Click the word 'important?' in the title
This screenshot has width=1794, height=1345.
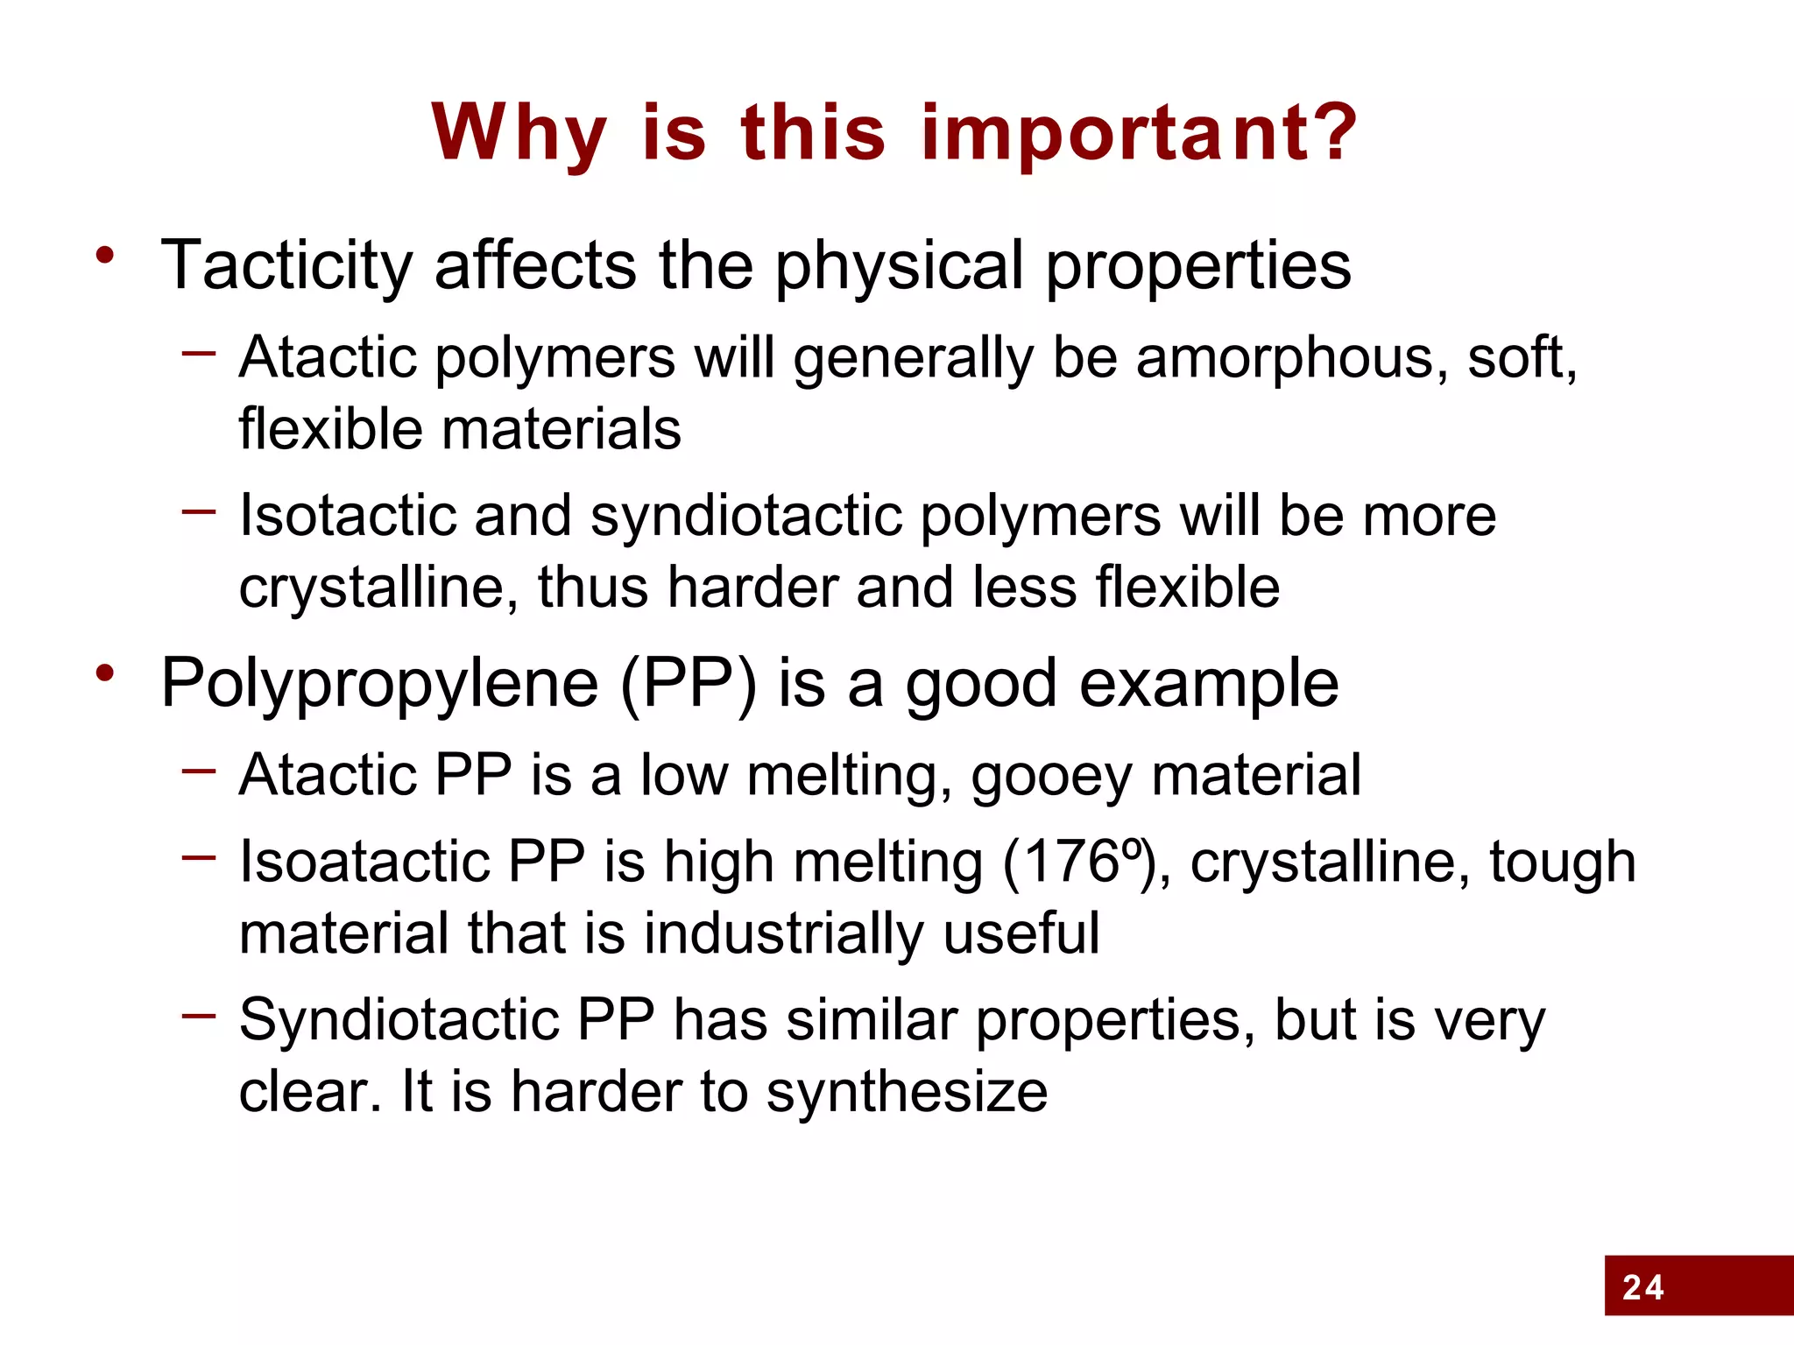(1140, 133)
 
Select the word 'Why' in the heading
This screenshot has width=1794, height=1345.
(519, 133)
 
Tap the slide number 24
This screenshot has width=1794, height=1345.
(1642, 1287)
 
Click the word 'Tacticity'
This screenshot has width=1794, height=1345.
(286, 265)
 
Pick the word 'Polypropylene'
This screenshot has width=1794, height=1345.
(379, 684)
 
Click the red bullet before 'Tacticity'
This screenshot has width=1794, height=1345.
(106, 257)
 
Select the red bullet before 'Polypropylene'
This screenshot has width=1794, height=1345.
(106, 674)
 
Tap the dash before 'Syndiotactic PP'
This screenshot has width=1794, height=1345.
(199, 1016)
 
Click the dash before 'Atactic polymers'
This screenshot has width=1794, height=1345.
(199, 354)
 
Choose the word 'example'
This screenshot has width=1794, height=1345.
(1209, 684)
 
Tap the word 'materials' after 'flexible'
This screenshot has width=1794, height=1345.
(561, 430)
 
